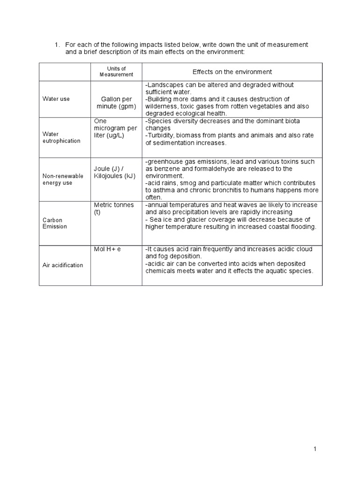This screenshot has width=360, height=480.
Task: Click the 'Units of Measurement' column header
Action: coord(116,72)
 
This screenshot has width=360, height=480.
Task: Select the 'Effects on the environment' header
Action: coord(232,72)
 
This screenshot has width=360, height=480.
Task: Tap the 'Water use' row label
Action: coord(56,99)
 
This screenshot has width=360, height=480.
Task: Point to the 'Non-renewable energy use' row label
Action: coord(63,179)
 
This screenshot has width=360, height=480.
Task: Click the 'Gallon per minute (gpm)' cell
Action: coord(116,103)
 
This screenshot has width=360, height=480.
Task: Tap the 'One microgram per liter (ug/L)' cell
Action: coord(115,128)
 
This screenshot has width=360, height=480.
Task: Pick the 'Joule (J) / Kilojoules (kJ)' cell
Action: coord(115,172)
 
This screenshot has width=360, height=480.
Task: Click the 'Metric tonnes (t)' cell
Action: coord(114,209)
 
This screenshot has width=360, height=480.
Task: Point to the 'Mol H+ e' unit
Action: coord(107,249)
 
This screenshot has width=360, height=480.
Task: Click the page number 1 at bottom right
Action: coord(315,450)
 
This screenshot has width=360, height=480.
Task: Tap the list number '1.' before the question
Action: coord(57,45)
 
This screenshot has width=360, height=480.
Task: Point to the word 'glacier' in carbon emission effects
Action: coord(199,220)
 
